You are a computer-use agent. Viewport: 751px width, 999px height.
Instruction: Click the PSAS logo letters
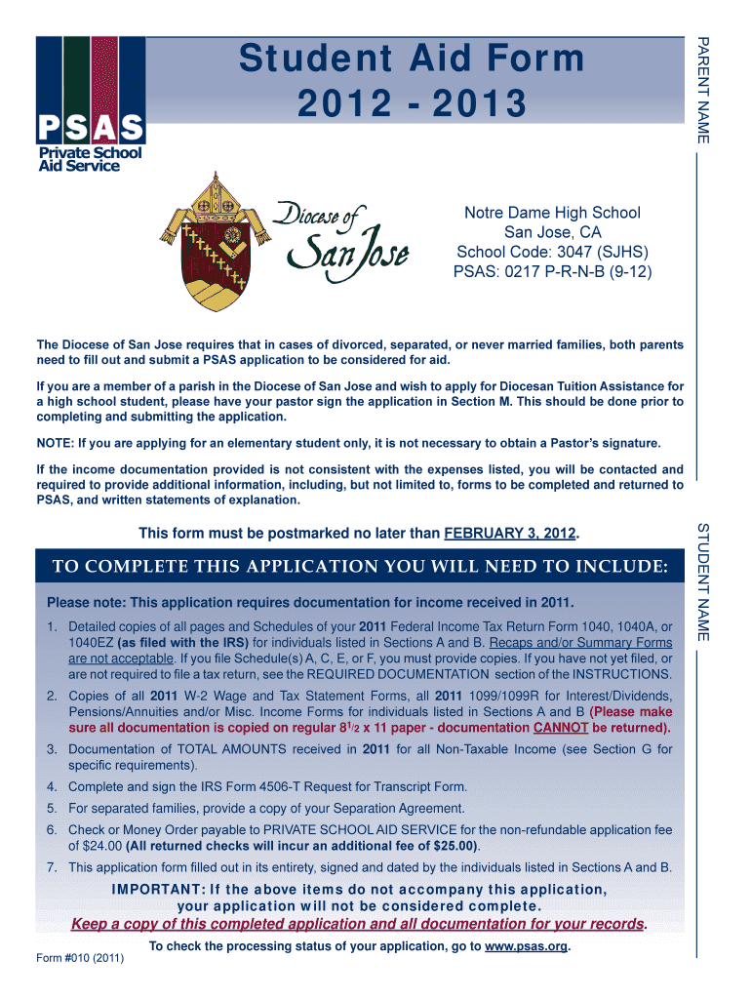click(x=91, y=126)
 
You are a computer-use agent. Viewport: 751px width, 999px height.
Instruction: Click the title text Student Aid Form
click(x=413, y=60)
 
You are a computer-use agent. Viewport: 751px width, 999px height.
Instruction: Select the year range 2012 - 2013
click(x=413, y=102)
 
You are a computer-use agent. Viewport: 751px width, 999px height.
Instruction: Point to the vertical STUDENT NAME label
click(x=702, y=581)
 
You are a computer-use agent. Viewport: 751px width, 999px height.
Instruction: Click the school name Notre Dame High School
click(x=552, y=212)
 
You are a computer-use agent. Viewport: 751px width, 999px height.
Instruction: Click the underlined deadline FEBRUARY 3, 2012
click(x=510, y=534)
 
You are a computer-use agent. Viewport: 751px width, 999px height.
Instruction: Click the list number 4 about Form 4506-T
click(x=51, y=786)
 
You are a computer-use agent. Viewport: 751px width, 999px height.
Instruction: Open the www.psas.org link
click(x=526, y=946)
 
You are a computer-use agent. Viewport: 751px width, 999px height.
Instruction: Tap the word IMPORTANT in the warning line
click(x=157, y=889)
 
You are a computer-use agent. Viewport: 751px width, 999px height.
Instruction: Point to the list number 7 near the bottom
click(x=51, y=867)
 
